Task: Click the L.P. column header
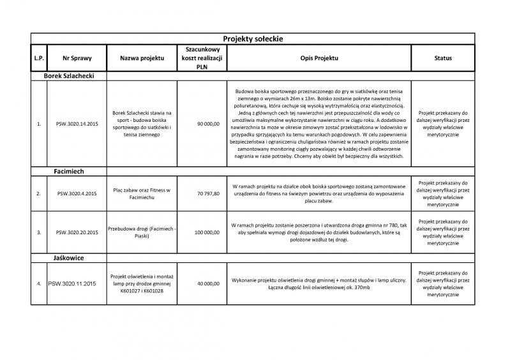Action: pos(38,58)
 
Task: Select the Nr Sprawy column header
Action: pos(74,58)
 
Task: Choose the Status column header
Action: pos(442,58)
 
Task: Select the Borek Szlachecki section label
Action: pos(69,75)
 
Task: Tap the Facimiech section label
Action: pos(69,171)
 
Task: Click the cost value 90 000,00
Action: pos(208,124)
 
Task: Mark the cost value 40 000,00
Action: pos(208,283)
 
